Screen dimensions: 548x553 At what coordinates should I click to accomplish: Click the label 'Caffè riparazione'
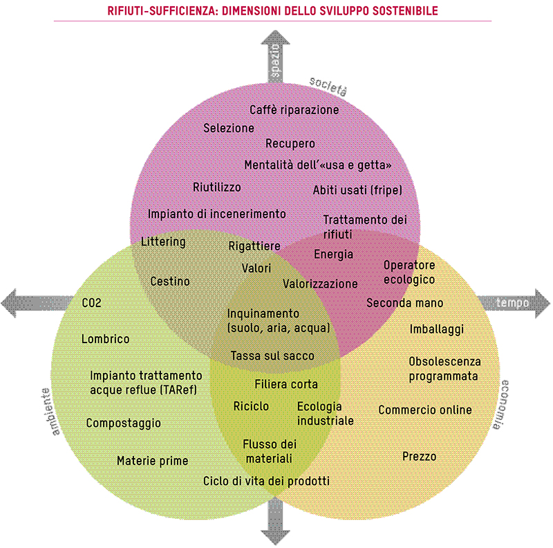(294, 110)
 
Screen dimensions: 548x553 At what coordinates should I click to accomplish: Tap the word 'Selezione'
(229, 128)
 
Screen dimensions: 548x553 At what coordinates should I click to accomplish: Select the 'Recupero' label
(290, 143)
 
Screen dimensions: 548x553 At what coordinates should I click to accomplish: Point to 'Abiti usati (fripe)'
(357, 190)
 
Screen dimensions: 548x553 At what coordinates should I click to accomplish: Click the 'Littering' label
(163, 241)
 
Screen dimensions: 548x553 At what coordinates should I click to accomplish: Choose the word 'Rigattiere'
(254, 246)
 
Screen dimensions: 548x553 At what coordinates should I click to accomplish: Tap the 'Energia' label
(333, 254)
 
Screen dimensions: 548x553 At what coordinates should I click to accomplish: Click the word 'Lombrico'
(105, 339)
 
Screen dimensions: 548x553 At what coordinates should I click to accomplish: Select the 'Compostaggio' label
(124, 423)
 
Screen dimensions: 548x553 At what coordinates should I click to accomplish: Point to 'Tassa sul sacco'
(272, 356)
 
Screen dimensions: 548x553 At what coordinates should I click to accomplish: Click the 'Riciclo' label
(251, 406)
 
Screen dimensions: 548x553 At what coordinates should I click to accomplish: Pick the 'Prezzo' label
(420, 457)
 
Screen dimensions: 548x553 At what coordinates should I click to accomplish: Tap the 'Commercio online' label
(425, 410)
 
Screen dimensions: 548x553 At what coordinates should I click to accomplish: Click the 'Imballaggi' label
(436, 329)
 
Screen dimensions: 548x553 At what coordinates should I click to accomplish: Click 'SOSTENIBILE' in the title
(397, 12)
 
